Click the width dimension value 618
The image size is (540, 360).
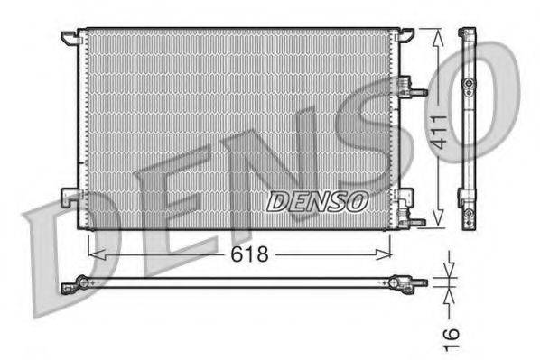[x=247, y=254]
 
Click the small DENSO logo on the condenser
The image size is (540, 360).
[x=317, y=200]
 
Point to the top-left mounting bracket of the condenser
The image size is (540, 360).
[x=70, y=38]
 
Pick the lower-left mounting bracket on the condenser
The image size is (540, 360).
[x=69, y=197]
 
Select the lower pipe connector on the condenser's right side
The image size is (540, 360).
[x=416, y=220]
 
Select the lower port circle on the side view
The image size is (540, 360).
[x=468, y=216]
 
